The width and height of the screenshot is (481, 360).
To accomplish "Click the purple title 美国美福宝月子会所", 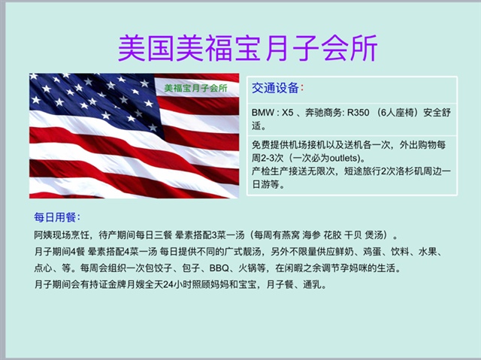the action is (x=247, y=48).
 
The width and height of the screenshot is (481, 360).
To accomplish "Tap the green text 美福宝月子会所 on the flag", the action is (x=195, y=89).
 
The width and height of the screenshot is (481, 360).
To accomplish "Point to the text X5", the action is (x=288, y=113).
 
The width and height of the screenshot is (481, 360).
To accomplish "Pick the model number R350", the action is (x=358, y=113).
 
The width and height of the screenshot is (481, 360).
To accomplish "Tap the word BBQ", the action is (x=219, y=268).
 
